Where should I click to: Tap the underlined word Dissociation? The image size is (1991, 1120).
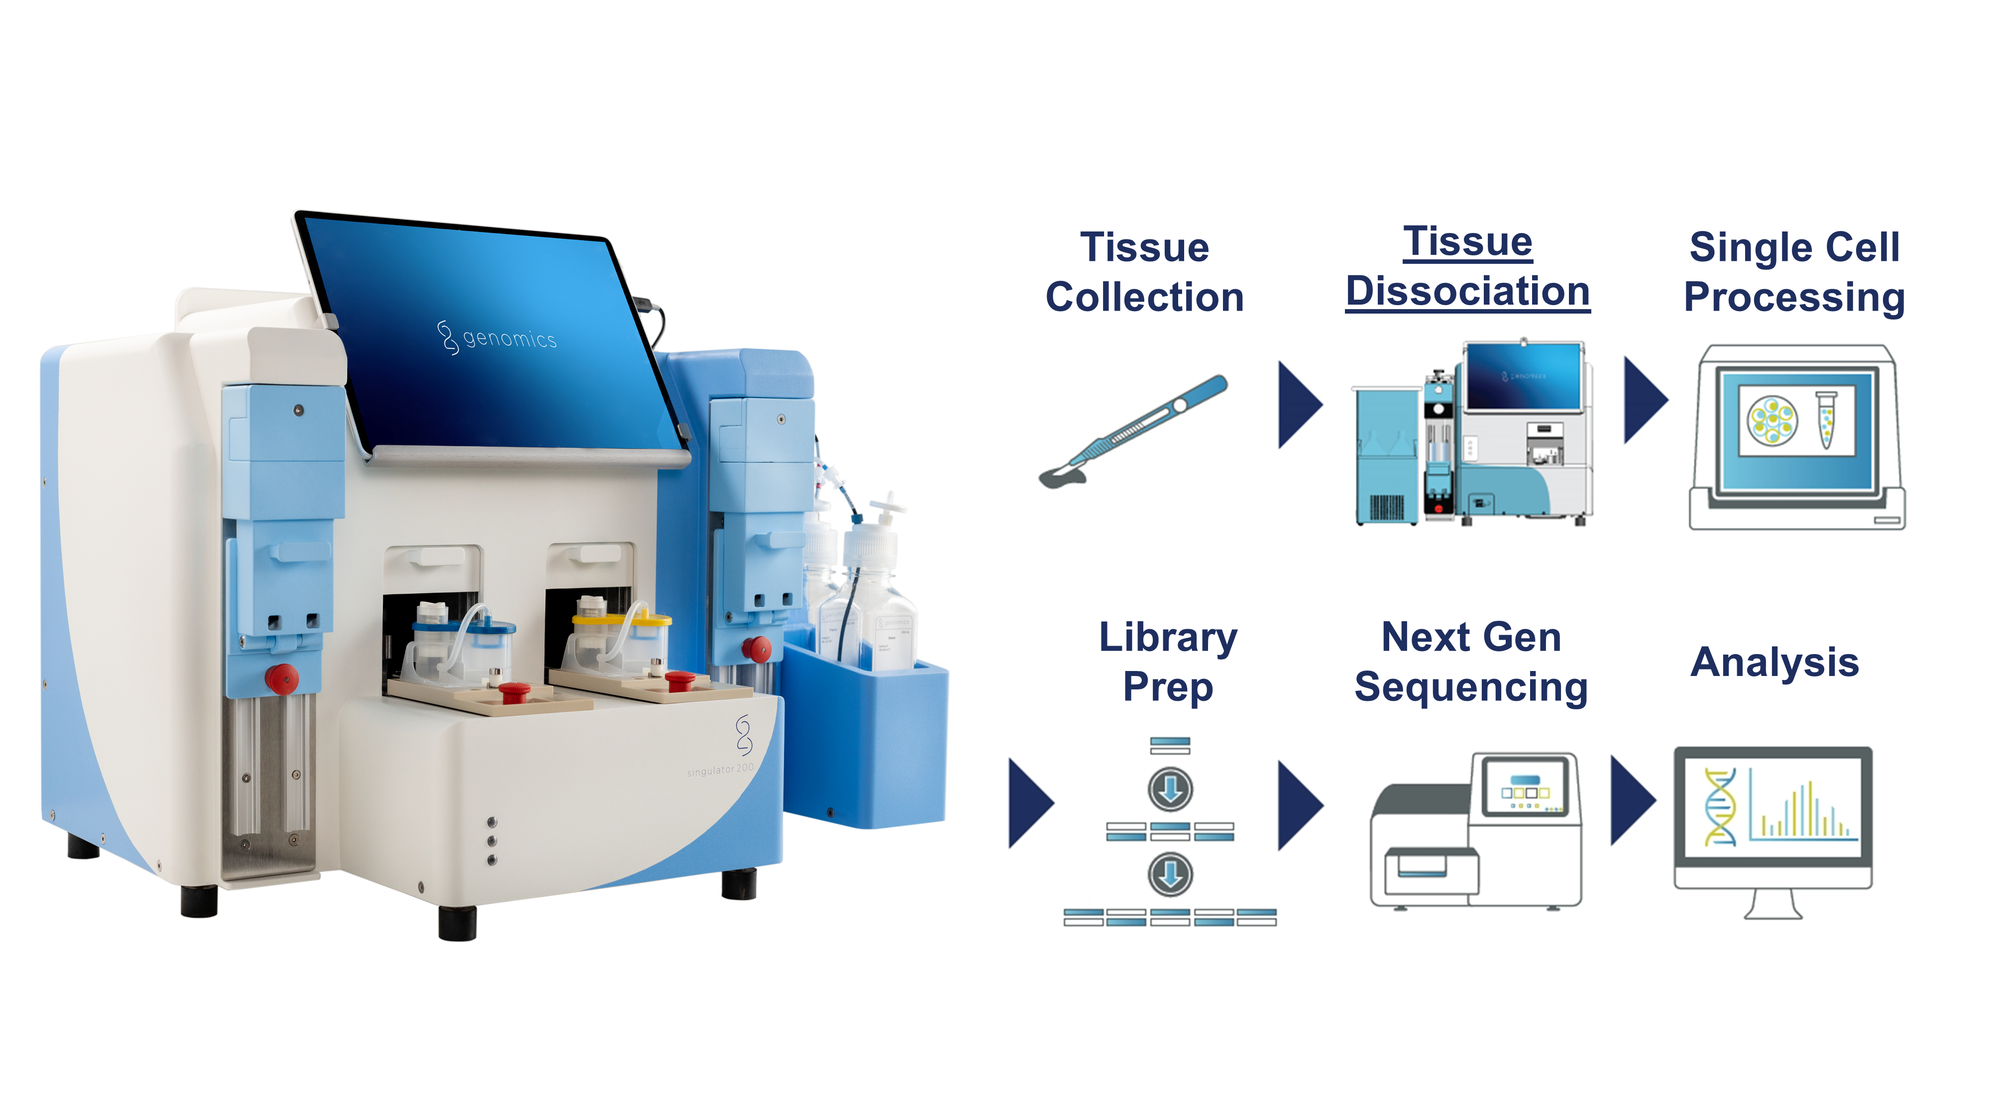point(1467,291)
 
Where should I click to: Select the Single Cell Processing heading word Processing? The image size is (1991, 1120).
point(1794,298)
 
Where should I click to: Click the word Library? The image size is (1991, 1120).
point(1168,639)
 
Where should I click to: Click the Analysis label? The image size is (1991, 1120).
point(1774,663)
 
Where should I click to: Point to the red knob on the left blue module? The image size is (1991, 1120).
point(281,678)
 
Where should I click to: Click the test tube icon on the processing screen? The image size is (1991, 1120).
point(1826,419)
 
